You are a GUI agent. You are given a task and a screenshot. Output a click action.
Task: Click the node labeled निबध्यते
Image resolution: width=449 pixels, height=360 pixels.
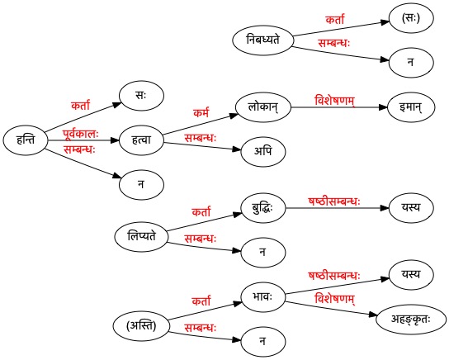[x=263, y=40]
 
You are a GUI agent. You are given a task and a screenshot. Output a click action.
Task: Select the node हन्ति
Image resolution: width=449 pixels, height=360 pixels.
[x=26, y=140]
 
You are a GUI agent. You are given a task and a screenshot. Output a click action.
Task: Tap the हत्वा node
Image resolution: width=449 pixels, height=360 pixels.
[x=141, y=140]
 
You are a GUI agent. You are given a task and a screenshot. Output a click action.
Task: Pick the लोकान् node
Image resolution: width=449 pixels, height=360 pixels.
[x=263, y=107]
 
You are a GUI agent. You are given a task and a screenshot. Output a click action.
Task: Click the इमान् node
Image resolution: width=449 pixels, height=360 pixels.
[x=411, y=107]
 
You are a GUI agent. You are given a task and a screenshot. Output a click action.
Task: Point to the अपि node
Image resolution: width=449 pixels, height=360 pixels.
[x=263, y=151]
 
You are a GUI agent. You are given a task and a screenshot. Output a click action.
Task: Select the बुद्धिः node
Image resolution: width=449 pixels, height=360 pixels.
[x=263, y=207]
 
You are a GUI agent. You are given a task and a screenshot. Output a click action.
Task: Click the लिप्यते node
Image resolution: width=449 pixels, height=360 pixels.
[x=141, y=237]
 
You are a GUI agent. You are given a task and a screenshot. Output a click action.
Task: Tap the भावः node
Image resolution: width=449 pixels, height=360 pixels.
[x=263, y=296]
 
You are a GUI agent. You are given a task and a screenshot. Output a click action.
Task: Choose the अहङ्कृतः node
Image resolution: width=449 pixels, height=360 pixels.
[x=411, y=320]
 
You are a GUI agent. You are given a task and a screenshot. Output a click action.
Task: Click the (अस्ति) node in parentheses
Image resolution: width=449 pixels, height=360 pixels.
[x=141, y=326]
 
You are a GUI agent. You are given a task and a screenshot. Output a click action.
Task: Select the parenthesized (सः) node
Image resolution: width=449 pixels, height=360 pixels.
[x=411, y=18]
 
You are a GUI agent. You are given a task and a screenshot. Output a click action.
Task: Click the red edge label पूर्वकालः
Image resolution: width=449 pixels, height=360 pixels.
[x=81, y=134]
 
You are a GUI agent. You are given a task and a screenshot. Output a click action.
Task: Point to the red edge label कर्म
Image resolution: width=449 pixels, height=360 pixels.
[x=201, y=112]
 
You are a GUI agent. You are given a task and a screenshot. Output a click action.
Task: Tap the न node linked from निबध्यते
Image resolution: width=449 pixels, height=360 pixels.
[x=411, y=63]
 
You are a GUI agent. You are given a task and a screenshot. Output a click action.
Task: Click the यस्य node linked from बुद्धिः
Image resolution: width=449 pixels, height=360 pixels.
[x=411, y=207]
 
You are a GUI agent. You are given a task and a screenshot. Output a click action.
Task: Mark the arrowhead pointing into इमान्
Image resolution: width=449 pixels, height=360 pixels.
[x=383, y=107]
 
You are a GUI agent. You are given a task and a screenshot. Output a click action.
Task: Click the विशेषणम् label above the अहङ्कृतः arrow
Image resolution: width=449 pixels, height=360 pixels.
[x=335, y=299]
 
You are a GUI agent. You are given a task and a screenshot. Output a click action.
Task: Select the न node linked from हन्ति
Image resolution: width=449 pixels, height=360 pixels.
[x=141, y=184]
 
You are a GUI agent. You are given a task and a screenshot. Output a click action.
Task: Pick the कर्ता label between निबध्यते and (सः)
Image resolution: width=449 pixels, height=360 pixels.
[x=335, y=20]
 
